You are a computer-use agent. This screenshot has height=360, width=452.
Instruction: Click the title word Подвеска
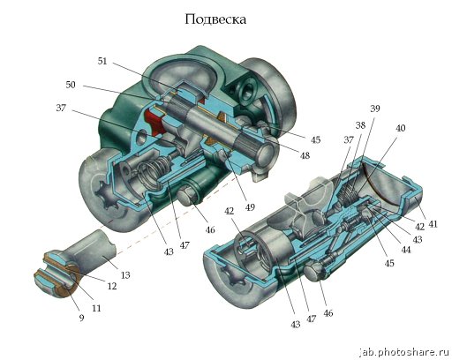point(215,19)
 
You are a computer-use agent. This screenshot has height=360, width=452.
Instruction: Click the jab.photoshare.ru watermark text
point(405,352)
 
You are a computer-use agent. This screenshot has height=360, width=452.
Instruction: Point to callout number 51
point(102,61)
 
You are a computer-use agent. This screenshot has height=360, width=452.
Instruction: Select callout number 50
point(71,85)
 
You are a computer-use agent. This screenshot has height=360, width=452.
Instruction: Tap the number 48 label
point(305,155)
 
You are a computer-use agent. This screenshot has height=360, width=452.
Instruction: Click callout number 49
point(250,207)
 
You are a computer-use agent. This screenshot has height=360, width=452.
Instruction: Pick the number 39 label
point(375,109)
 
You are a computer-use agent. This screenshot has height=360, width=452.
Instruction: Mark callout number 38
point(360,125)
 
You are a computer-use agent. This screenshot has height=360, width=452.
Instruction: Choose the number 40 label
point(400,128)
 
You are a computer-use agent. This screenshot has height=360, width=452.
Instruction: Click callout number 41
point(433,224)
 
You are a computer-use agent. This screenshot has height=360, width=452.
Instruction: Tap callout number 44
point(406,250)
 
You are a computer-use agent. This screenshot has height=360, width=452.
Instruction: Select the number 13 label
point(125,275)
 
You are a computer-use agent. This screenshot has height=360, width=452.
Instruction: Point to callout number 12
point(112,286)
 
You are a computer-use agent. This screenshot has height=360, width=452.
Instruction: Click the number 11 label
point(96,308)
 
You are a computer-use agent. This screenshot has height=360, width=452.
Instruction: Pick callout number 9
point(81,318)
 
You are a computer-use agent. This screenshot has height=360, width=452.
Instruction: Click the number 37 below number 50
point(61,108)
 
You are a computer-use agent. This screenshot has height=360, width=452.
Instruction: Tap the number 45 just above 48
point(315,139)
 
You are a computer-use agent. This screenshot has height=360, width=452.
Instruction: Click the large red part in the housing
point(155,122)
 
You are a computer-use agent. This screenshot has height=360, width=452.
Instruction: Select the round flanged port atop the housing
point(246,92)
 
